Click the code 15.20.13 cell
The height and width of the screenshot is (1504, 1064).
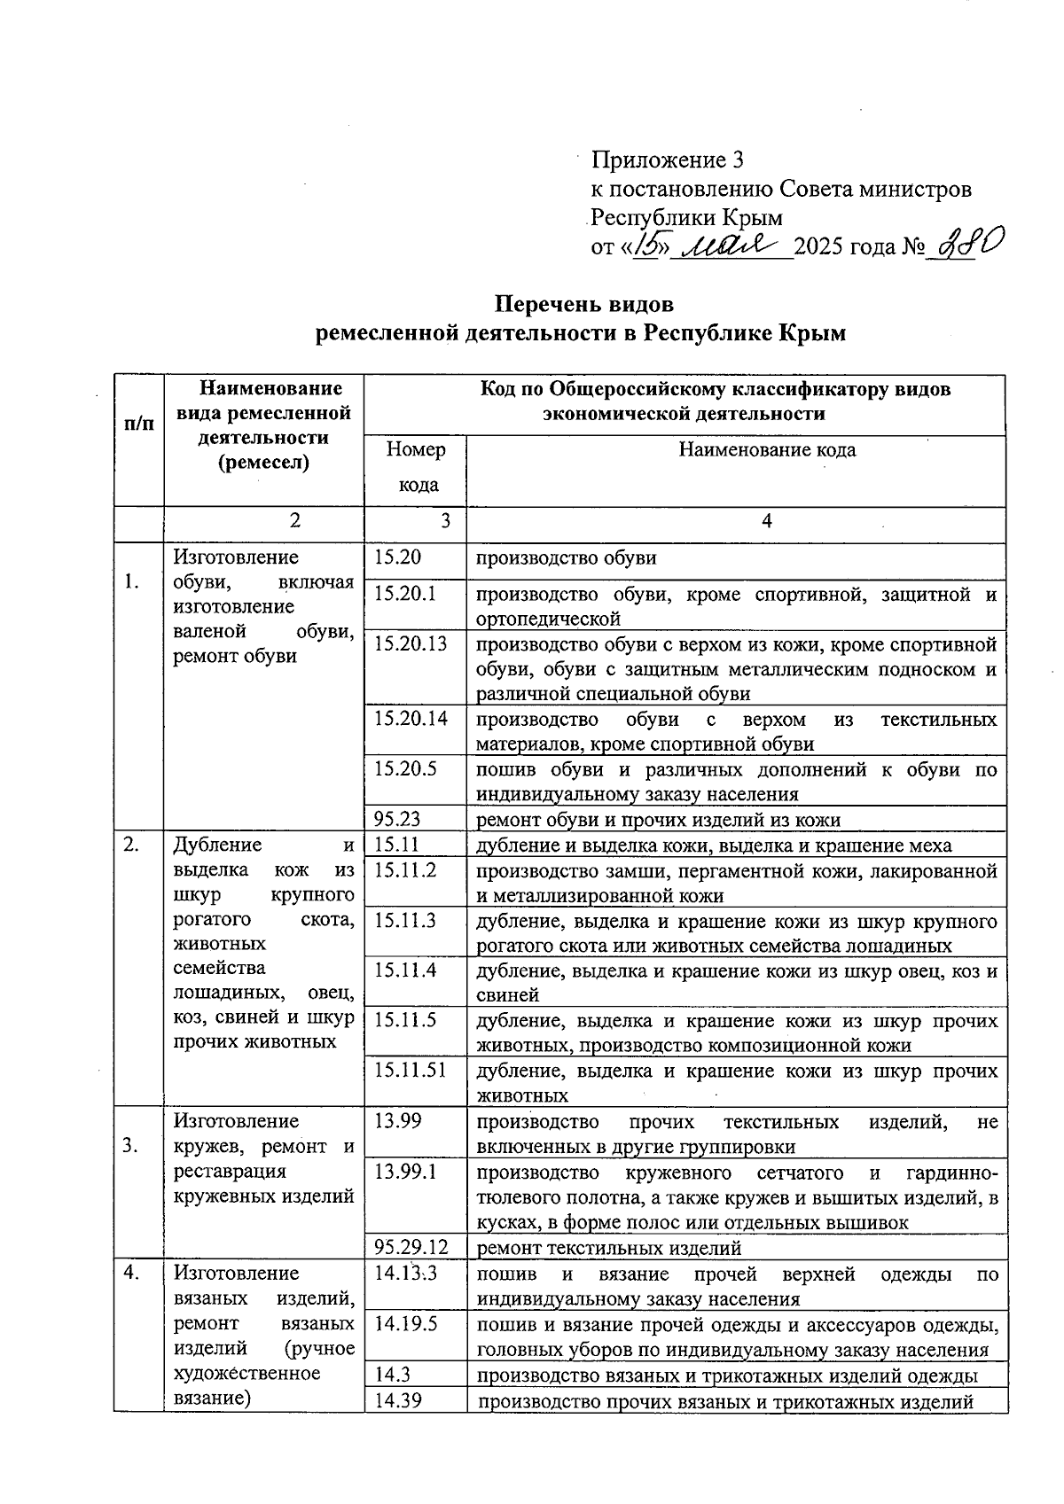pyautogui.click(x=411, y=643)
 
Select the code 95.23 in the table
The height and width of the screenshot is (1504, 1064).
pyautogui.click(x=397, y=819)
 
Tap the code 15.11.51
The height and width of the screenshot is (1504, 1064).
pyautogui.click(x=410, y=1070)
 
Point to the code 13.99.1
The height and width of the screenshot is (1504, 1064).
pyautogui.click(x=406, y=1172)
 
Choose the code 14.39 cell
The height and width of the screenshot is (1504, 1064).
pyautogui.click(x=398, y=1401)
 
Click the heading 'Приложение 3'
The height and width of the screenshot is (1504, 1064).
pyautogui.click(x=667, y=160)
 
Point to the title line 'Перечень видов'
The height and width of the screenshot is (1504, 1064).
pyautogui.click(x=584, y=304)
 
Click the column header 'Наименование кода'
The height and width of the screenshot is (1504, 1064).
pyautogui.click(x=767, y=449)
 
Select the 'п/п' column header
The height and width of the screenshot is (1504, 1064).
pyautogui.click(x=138, y=424)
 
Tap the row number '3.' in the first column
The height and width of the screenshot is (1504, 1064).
pyautogui.click(x=131, y=1146)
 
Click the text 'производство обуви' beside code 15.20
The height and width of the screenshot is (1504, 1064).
pyautogui.click(x=567, y=557)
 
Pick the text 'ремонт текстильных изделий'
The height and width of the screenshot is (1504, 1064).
pyautogui.click(x=609, y=1249)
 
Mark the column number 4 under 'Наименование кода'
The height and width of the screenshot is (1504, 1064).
pyautogui.click(x=767, y=521)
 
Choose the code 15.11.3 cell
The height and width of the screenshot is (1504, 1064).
pyautogui.click(x=405, y=920)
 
